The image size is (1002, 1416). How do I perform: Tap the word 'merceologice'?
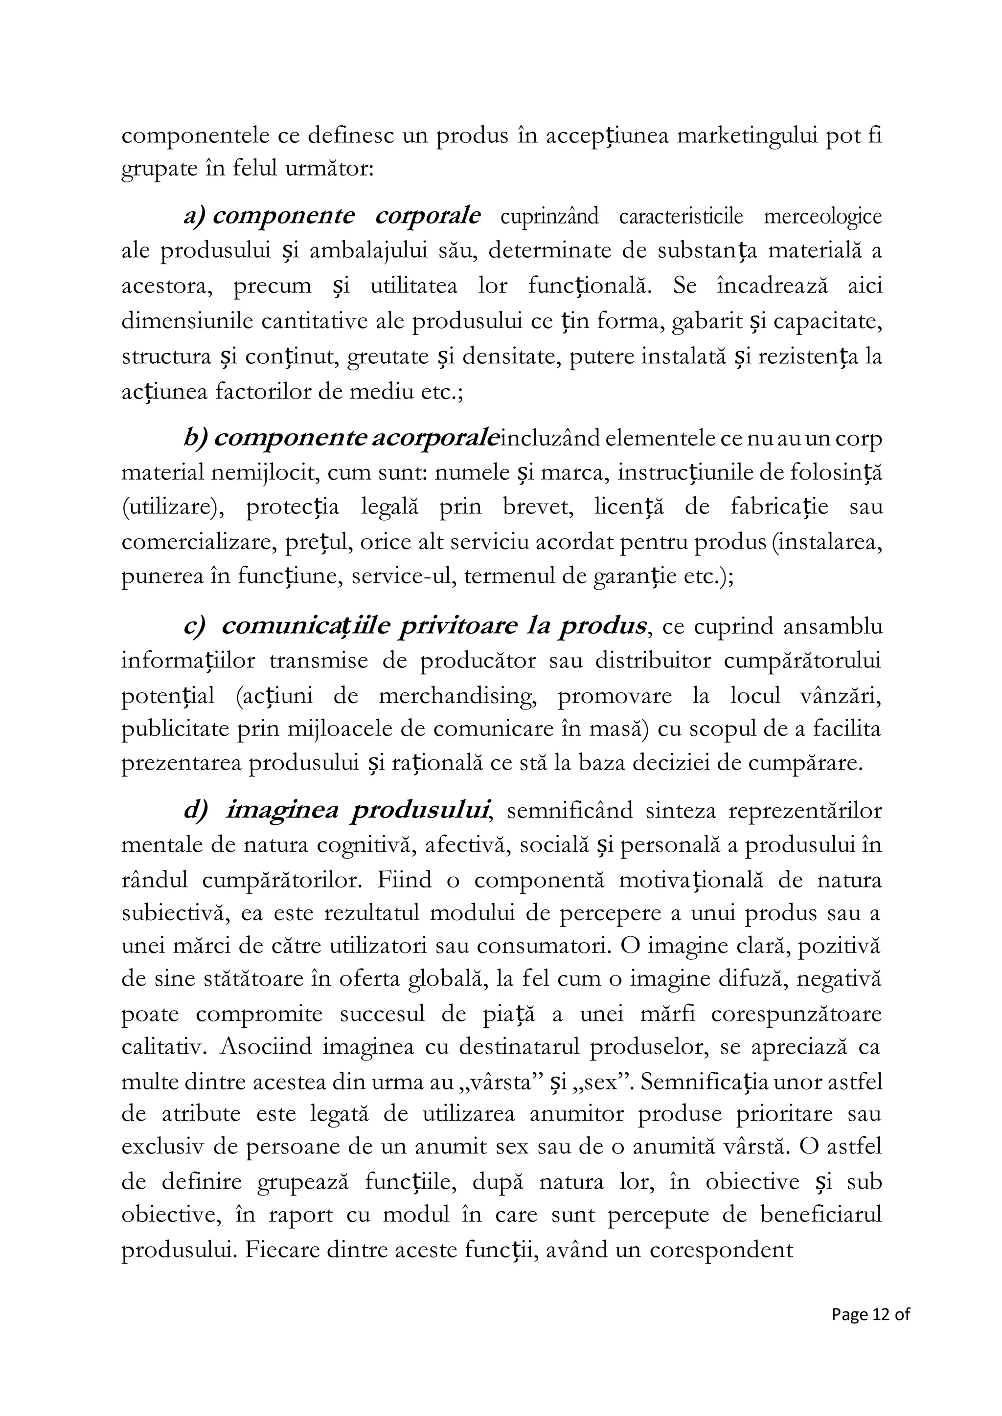tap(822, 217)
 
